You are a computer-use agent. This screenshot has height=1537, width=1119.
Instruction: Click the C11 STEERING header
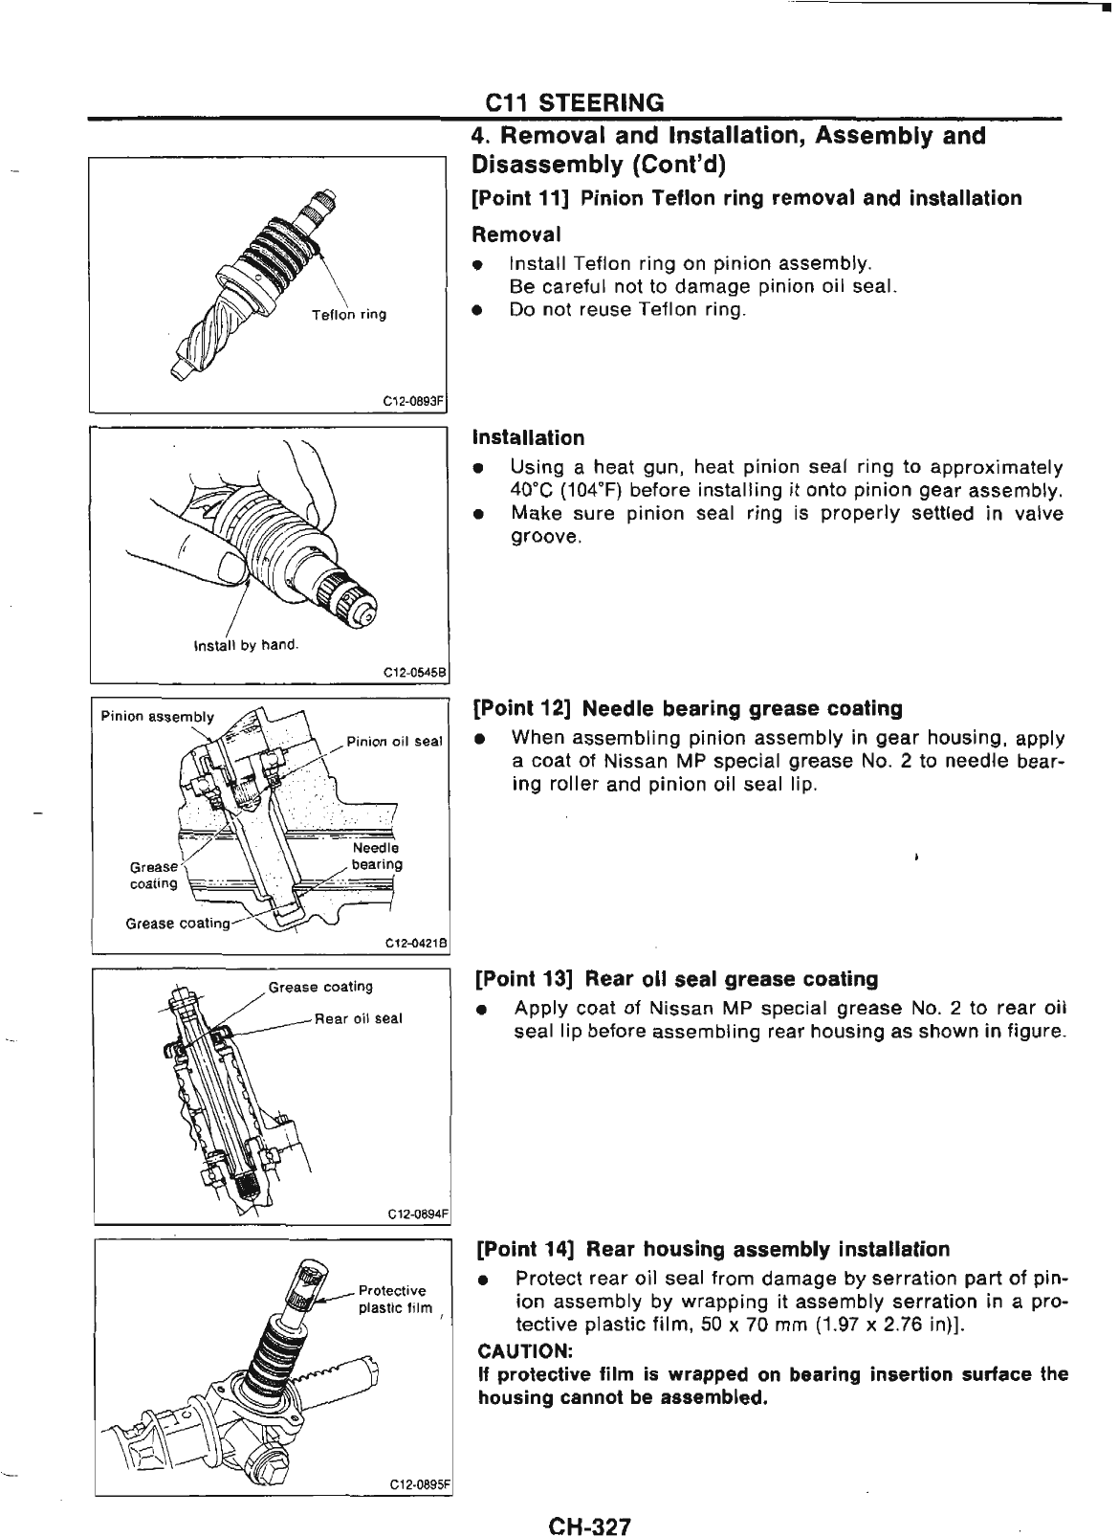click(574, 102)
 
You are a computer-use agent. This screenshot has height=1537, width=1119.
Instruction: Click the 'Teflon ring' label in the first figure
click(349, 315)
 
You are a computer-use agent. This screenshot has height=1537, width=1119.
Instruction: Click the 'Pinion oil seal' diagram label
click(394, 741)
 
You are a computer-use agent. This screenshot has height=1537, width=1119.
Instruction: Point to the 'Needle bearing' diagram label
click(376, 857)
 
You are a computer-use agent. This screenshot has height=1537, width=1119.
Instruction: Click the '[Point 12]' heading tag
click(524, 709)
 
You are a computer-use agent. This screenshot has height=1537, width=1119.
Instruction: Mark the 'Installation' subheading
click(528, 438)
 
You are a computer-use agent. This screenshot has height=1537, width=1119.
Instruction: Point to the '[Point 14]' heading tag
click(526, 1249)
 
